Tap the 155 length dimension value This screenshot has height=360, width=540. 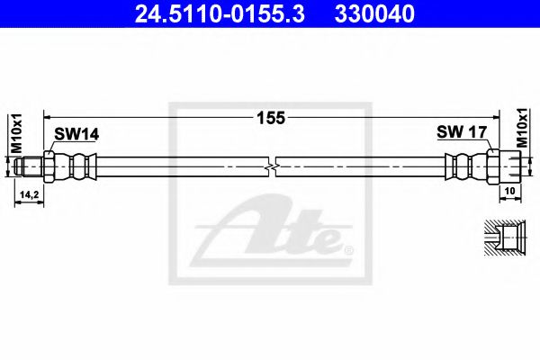[x=270, y=118]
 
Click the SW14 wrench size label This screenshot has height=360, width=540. [x=76, y=134]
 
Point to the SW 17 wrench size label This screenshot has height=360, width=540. [x=462, y=132]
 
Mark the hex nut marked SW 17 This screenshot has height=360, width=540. [x=492, y=167]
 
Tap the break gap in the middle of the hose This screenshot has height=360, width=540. [x=272, y=167]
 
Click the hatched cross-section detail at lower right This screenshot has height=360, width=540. [x=503, y=238]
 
